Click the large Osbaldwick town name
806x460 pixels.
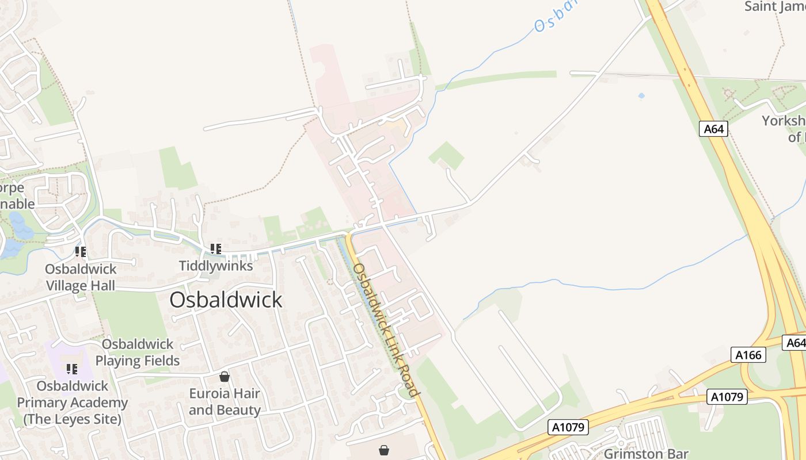pyautogui.click(x=226, y=300)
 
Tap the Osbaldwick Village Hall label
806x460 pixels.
pyautogui.click(x=81, y=277)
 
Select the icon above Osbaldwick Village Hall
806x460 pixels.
pyautogui.click(x=81, y=251)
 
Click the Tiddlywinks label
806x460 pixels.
pyautogui.click(x=216, y=266)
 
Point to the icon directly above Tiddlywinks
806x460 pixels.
pyautogui.click(x=216, y=249)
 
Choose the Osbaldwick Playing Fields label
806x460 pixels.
pyautogui.click(x=138, y=352)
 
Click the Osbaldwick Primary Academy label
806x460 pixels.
pyautogui.click(x=73, y=402)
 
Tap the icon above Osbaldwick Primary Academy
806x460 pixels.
pyautogui.click(x=72, y=369)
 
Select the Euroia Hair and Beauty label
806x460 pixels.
pyautogui.click(x=225, y=402)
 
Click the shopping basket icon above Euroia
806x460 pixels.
pyautogui.click(x=225, y=377)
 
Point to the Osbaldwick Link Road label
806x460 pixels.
pyautogui.click(x=385, y=329)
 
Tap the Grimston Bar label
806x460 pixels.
pyautogui.click(x=646, y=454)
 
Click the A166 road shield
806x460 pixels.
pyautogui.click(x=749, y=355)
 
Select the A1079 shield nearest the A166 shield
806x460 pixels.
pyautogui.click(x=728, y=397)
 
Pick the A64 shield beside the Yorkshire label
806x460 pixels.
pyautogui.click(x=714, y=129)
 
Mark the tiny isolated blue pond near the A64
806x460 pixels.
pyautogui.click(x=641, y=95)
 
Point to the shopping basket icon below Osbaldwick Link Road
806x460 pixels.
pyautogui.click(x=384, y=450)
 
